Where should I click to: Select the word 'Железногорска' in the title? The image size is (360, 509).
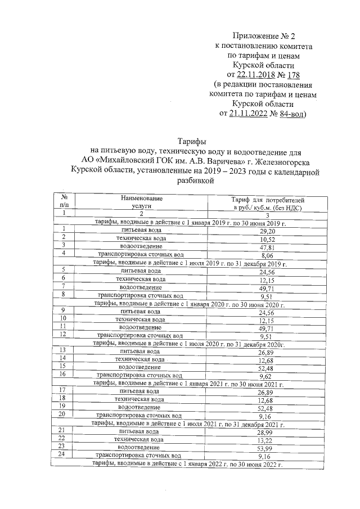click(x=274, y=161)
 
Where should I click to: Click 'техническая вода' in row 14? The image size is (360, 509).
click(x=139, y=359)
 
